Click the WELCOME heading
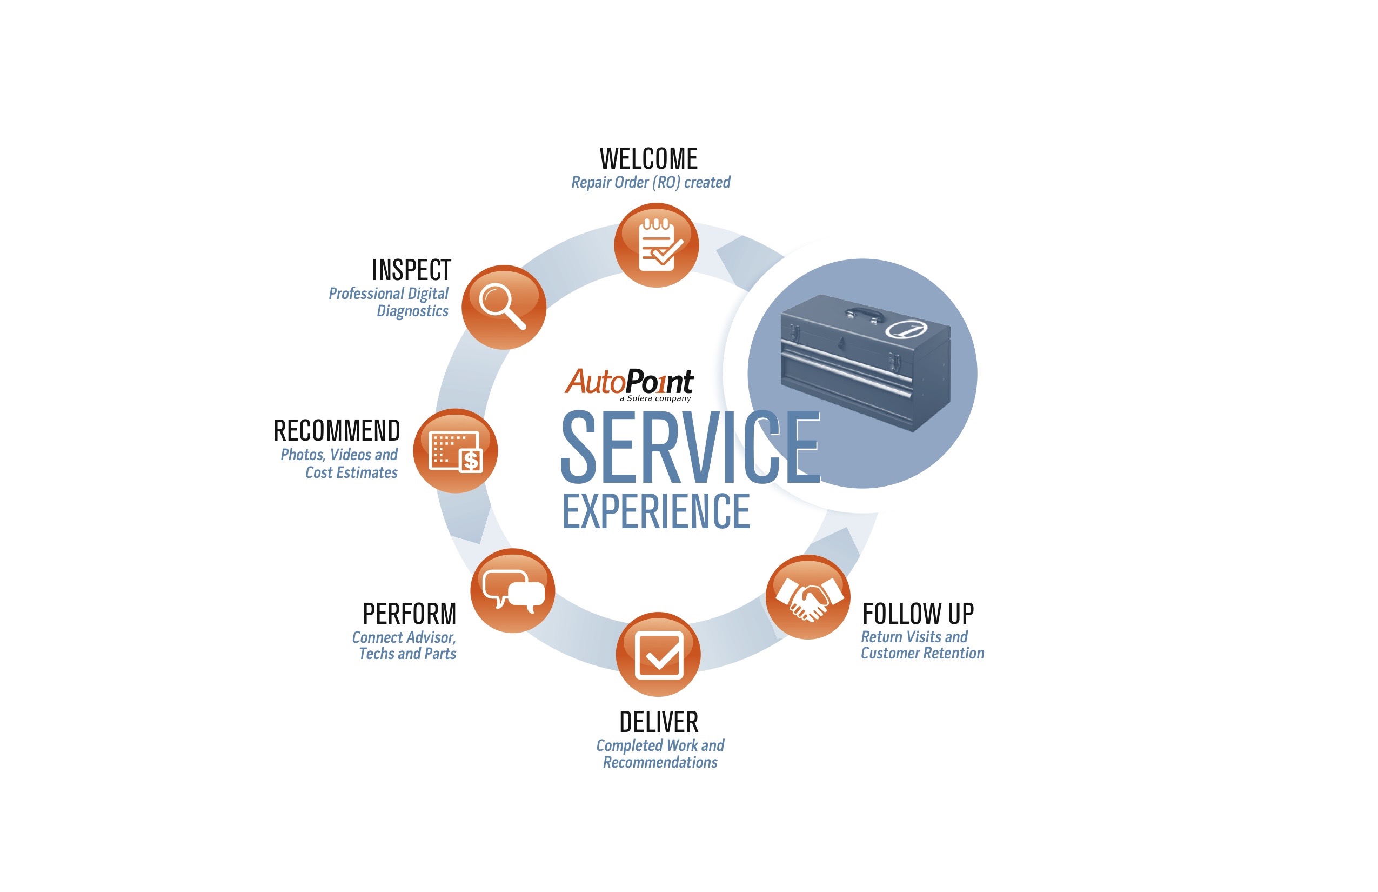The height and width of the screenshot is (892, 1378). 648,159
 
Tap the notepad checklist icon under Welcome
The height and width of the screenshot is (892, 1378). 657,245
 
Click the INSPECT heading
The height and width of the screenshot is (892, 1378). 411,270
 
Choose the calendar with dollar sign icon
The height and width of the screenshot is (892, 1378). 455,451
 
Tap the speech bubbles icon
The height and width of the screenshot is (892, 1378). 512,590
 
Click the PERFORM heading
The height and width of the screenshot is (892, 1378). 410,614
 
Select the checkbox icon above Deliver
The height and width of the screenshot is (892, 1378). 658,654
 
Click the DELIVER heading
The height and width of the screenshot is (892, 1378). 659,722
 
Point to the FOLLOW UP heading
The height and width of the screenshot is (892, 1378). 918,614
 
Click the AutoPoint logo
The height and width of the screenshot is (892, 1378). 630,384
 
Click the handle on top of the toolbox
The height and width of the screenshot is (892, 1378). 865,314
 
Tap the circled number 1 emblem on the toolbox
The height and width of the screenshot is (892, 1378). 906,329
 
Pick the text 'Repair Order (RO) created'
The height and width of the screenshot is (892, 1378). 651,183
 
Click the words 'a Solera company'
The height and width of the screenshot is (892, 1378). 655,398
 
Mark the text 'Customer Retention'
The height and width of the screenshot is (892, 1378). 922,654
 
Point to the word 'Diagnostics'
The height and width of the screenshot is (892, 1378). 412,311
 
